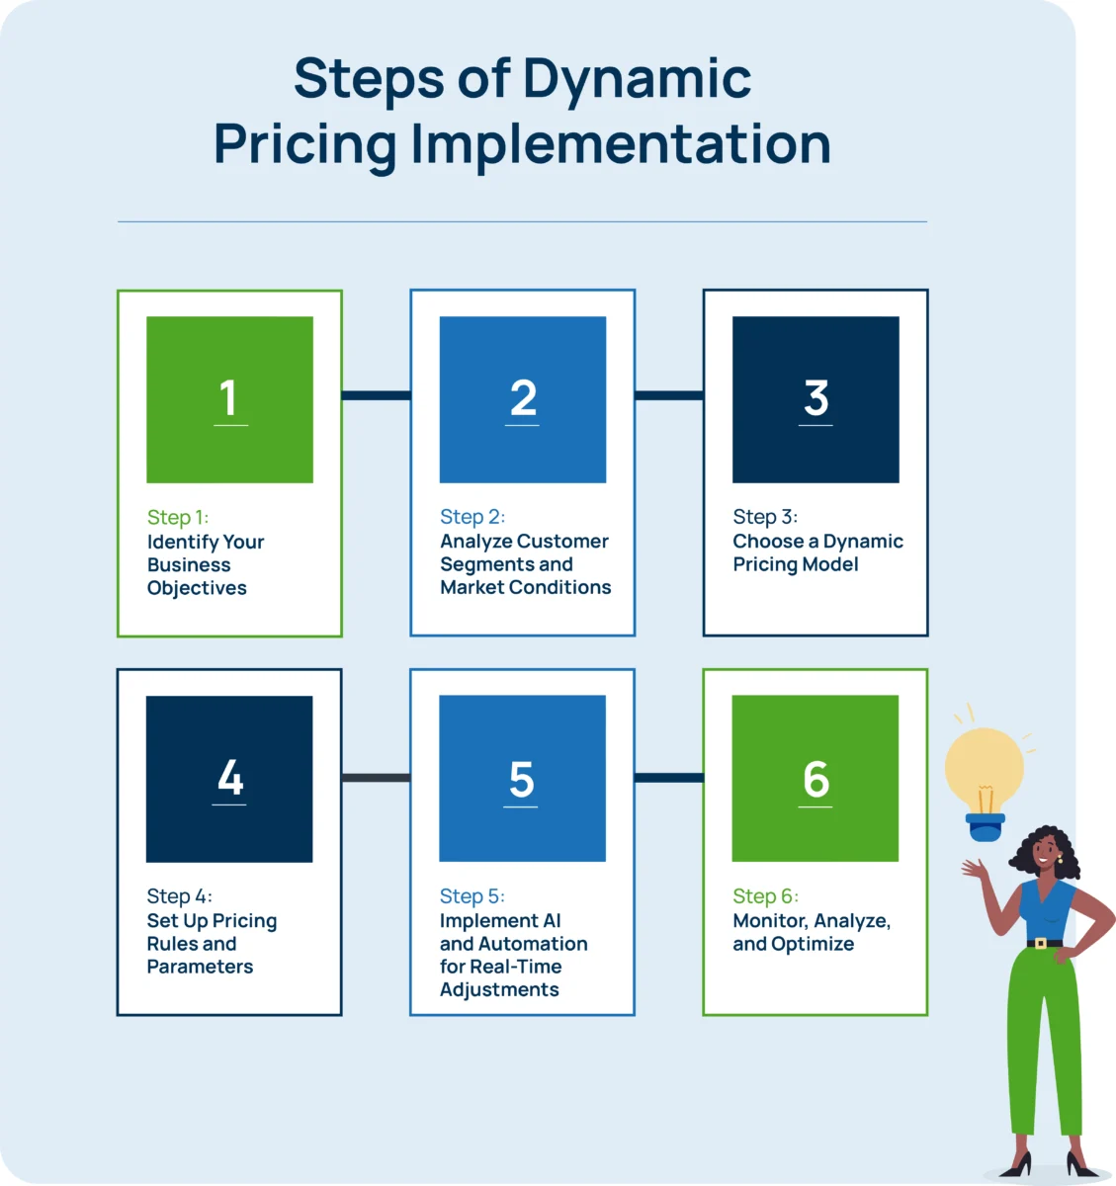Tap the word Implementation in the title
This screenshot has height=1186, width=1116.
(x=621, y=144)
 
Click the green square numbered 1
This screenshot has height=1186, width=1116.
(x=229, y=399)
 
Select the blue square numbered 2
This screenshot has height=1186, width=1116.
(x=523, y=399)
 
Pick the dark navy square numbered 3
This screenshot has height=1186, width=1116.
(x=816, y=399)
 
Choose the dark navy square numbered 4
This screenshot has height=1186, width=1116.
(x=229, y=779)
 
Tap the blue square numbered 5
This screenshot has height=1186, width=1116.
(x=522, y=779)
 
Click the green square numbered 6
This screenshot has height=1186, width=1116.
(x=816, y=779)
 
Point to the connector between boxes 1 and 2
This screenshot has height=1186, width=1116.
(x=376, y=395)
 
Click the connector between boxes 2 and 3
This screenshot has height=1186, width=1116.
(x=668, y=395)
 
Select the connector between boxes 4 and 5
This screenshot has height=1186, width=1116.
(x=376, y=778)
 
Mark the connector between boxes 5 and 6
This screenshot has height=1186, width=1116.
(x=668, y=778)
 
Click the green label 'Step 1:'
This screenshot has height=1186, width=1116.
(x=178, y=517)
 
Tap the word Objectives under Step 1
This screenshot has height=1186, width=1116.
(x=197, y=588)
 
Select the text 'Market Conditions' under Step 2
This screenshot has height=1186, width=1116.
(x=526, y=587)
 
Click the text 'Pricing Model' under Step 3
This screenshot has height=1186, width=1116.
(x=796, y=564)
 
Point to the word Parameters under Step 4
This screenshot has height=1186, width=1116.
(x=200, y=967)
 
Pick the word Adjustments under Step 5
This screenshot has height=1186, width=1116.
(x=499, y=989)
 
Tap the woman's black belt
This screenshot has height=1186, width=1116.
(x=1043, y=943)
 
